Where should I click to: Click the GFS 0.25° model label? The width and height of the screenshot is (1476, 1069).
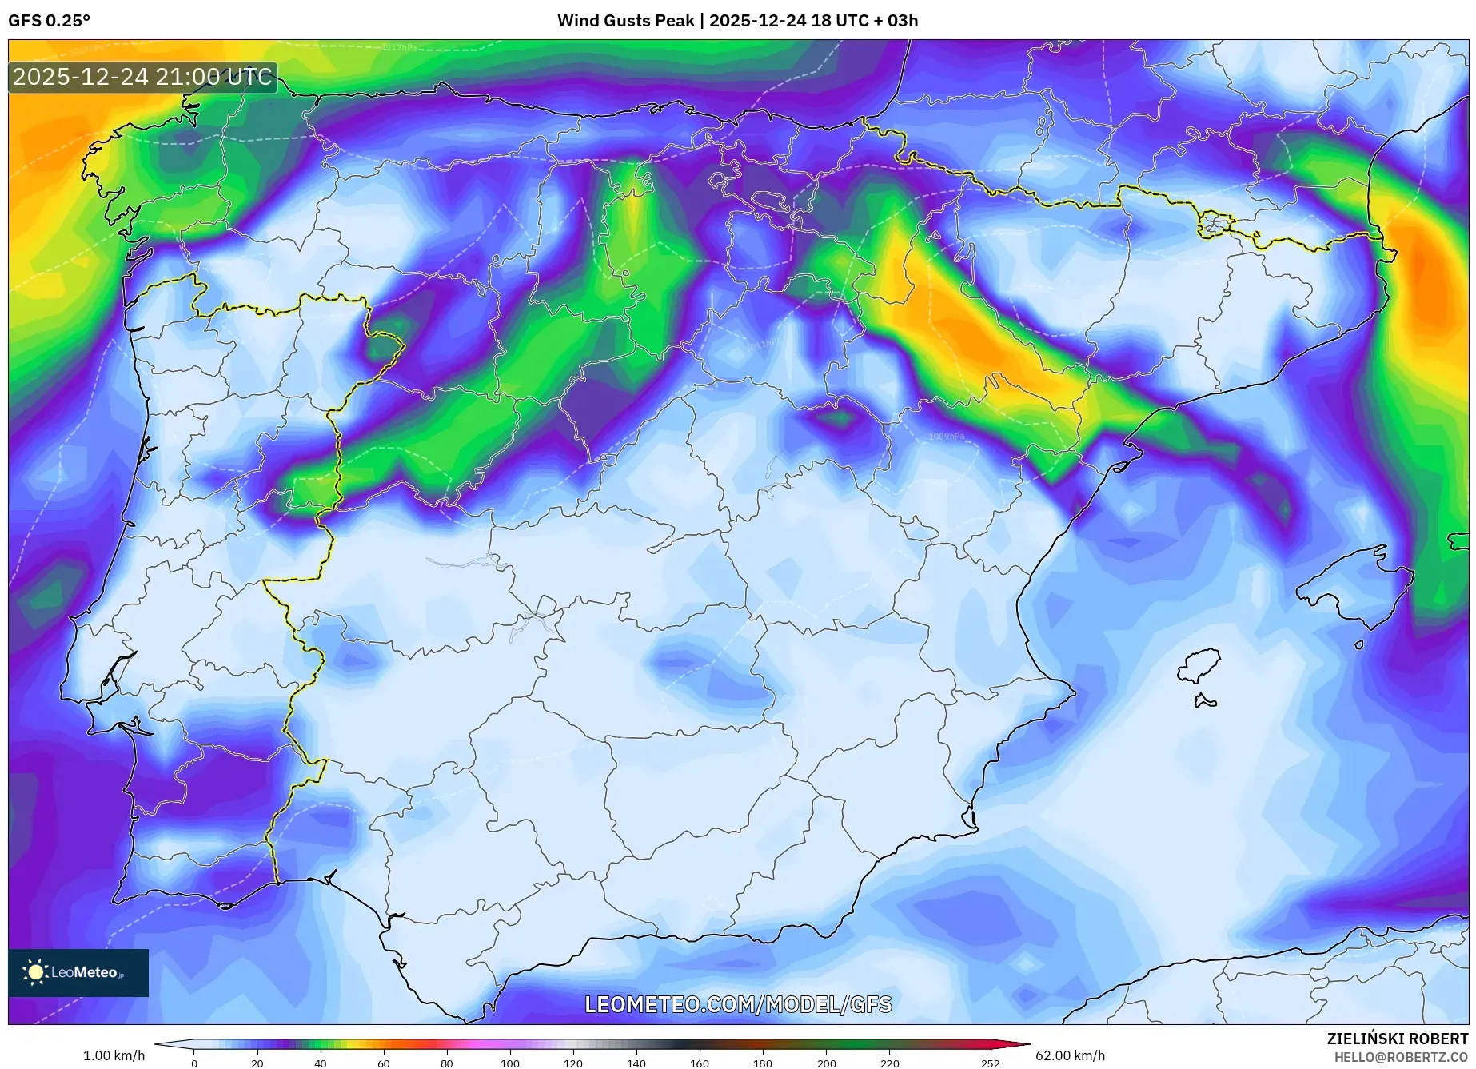(49, 21)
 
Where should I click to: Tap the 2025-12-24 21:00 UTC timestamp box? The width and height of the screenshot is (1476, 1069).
(142, 78)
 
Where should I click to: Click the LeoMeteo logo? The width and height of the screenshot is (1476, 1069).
(78, 972)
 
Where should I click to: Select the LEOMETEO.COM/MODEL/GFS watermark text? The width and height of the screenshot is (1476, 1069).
(738, 1004)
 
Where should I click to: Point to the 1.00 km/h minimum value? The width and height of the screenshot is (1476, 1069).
(114, 1055)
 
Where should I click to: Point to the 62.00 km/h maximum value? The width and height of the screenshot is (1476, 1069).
(1070, 1055)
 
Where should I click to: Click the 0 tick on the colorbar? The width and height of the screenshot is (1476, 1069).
(193, 1063)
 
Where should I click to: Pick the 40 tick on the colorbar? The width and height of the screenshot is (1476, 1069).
(320, 1063)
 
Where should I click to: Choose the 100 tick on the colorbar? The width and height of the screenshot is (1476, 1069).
(509, 1063)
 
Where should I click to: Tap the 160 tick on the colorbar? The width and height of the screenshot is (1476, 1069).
(699, 1063)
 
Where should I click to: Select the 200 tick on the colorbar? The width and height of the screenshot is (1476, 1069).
(826, 1063)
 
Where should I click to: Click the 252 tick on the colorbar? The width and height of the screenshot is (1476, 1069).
(990, 1063)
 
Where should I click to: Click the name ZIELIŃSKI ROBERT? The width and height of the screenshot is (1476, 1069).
(1397, 1039)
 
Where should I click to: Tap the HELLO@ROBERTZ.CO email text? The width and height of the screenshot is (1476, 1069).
(1400, 1057)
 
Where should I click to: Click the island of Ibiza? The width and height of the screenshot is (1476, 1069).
(1199, 665)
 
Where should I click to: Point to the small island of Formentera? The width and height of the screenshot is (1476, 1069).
(1205, 702)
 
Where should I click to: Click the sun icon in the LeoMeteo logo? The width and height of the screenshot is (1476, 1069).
(35, 972)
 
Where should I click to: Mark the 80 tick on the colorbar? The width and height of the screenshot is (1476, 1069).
(446, 1063)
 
